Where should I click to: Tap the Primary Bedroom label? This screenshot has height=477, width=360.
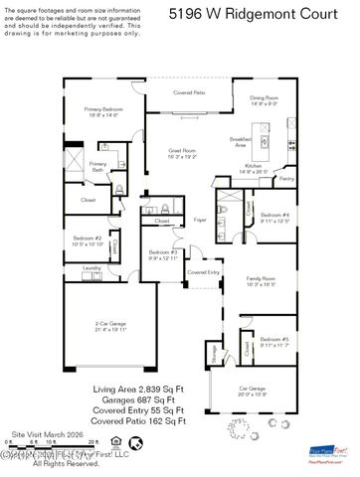[x=101, y=111]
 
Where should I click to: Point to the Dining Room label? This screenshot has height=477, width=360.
[x=264, y=99]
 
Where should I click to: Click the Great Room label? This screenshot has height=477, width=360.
[x=184, y=153]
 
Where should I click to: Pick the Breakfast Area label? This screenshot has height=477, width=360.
[x=240, y=141]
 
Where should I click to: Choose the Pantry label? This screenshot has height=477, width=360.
[x=286, y=179]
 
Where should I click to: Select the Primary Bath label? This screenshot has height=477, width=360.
[x=97, y=166]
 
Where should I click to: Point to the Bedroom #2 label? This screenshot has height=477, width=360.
[x=88, y=240]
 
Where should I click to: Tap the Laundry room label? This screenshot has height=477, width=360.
[x=91, y=267]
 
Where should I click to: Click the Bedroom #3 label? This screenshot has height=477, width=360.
[x=162, y=255]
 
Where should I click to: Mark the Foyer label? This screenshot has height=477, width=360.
[x=199, y=220]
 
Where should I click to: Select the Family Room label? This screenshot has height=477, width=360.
[x=261, y=280]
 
